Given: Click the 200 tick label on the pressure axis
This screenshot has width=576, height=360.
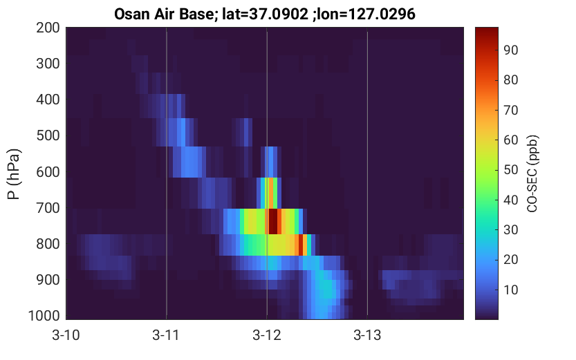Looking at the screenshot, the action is click(x=48, y=28).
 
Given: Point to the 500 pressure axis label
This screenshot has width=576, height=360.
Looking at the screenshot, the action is click(x=48, y=135).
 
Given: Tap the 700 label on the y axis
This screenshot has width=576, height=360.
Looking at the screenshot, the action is click(x=48, y=208).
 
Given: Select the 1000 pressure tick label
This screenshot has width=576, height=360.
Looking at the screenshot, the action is click(x=44, y=316).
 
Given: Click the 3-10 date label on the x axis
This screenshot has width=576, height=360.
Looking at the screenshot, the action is click(x=66, y=335).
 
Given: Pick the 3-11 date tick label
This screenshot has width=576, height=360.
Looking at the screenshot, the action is click(x=166, y=335).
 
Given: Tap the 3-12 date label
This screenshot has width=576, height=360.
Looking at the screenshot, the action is click(x=267, y=335).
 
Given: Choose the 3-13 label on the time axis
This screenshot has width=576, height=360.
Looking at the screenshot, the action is click(x=367, y=335).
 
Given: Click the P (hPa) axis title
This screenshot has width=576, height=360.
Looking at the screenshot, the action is click(x=14, y=174).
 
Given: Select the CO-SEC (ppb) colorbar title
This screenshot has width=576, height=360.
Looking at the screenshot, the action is click(x=532, y=173).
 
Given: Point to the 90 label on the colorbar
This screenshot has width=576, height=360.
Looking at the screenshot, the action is click(x=510, y=50).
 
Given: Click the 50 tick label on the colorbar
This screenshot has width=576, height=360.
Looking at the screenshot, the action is click(x=510, y=170).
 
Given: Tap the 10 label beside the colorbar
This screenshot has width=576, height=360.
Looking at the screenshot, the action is click(x=510, y=290).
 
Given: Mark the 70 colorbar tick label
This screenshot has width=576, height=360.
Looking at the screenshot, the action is click(x=510, y=110).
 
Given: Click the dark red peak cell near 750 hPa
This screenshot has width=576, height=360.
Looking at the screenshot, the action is click(x=273, y=221).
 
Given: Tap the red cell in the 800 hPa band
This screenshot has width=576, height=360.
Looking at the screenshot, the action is click(x=301, y=245).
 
